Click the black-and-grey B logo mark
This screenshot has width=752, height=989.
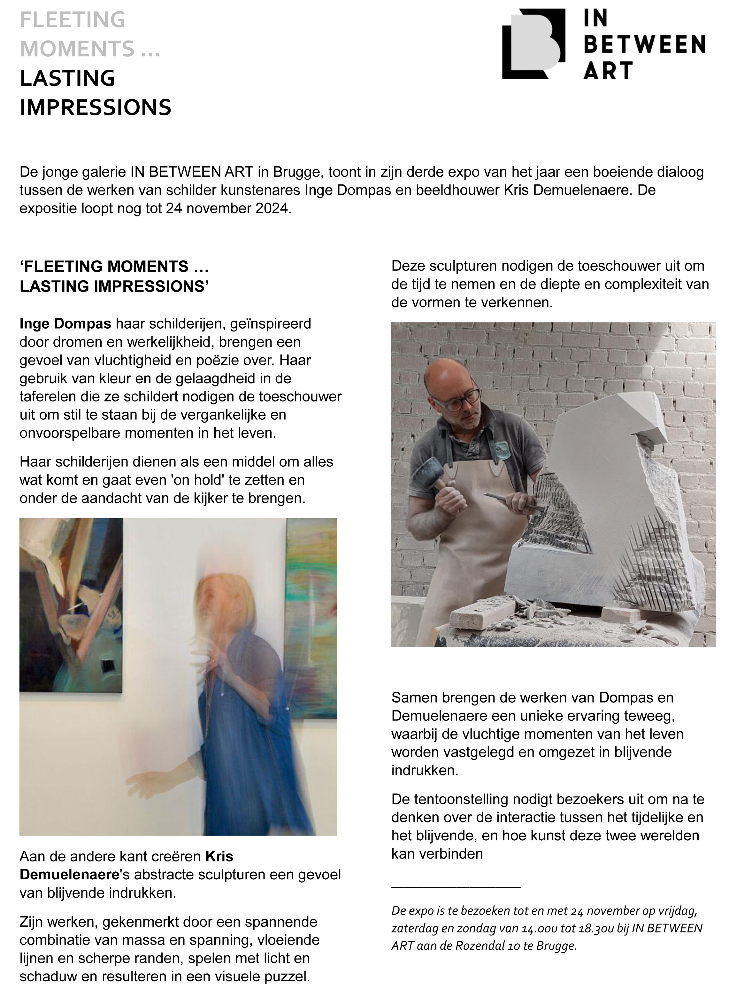533,44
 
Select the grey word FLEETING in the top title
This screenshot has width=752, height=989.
73,20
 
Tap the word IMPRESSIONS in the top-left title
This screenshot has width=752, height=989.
95,107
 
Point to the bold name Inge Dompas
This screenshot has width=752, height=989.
65,323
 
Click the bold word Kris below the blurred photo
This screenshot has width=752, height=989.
219,856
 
